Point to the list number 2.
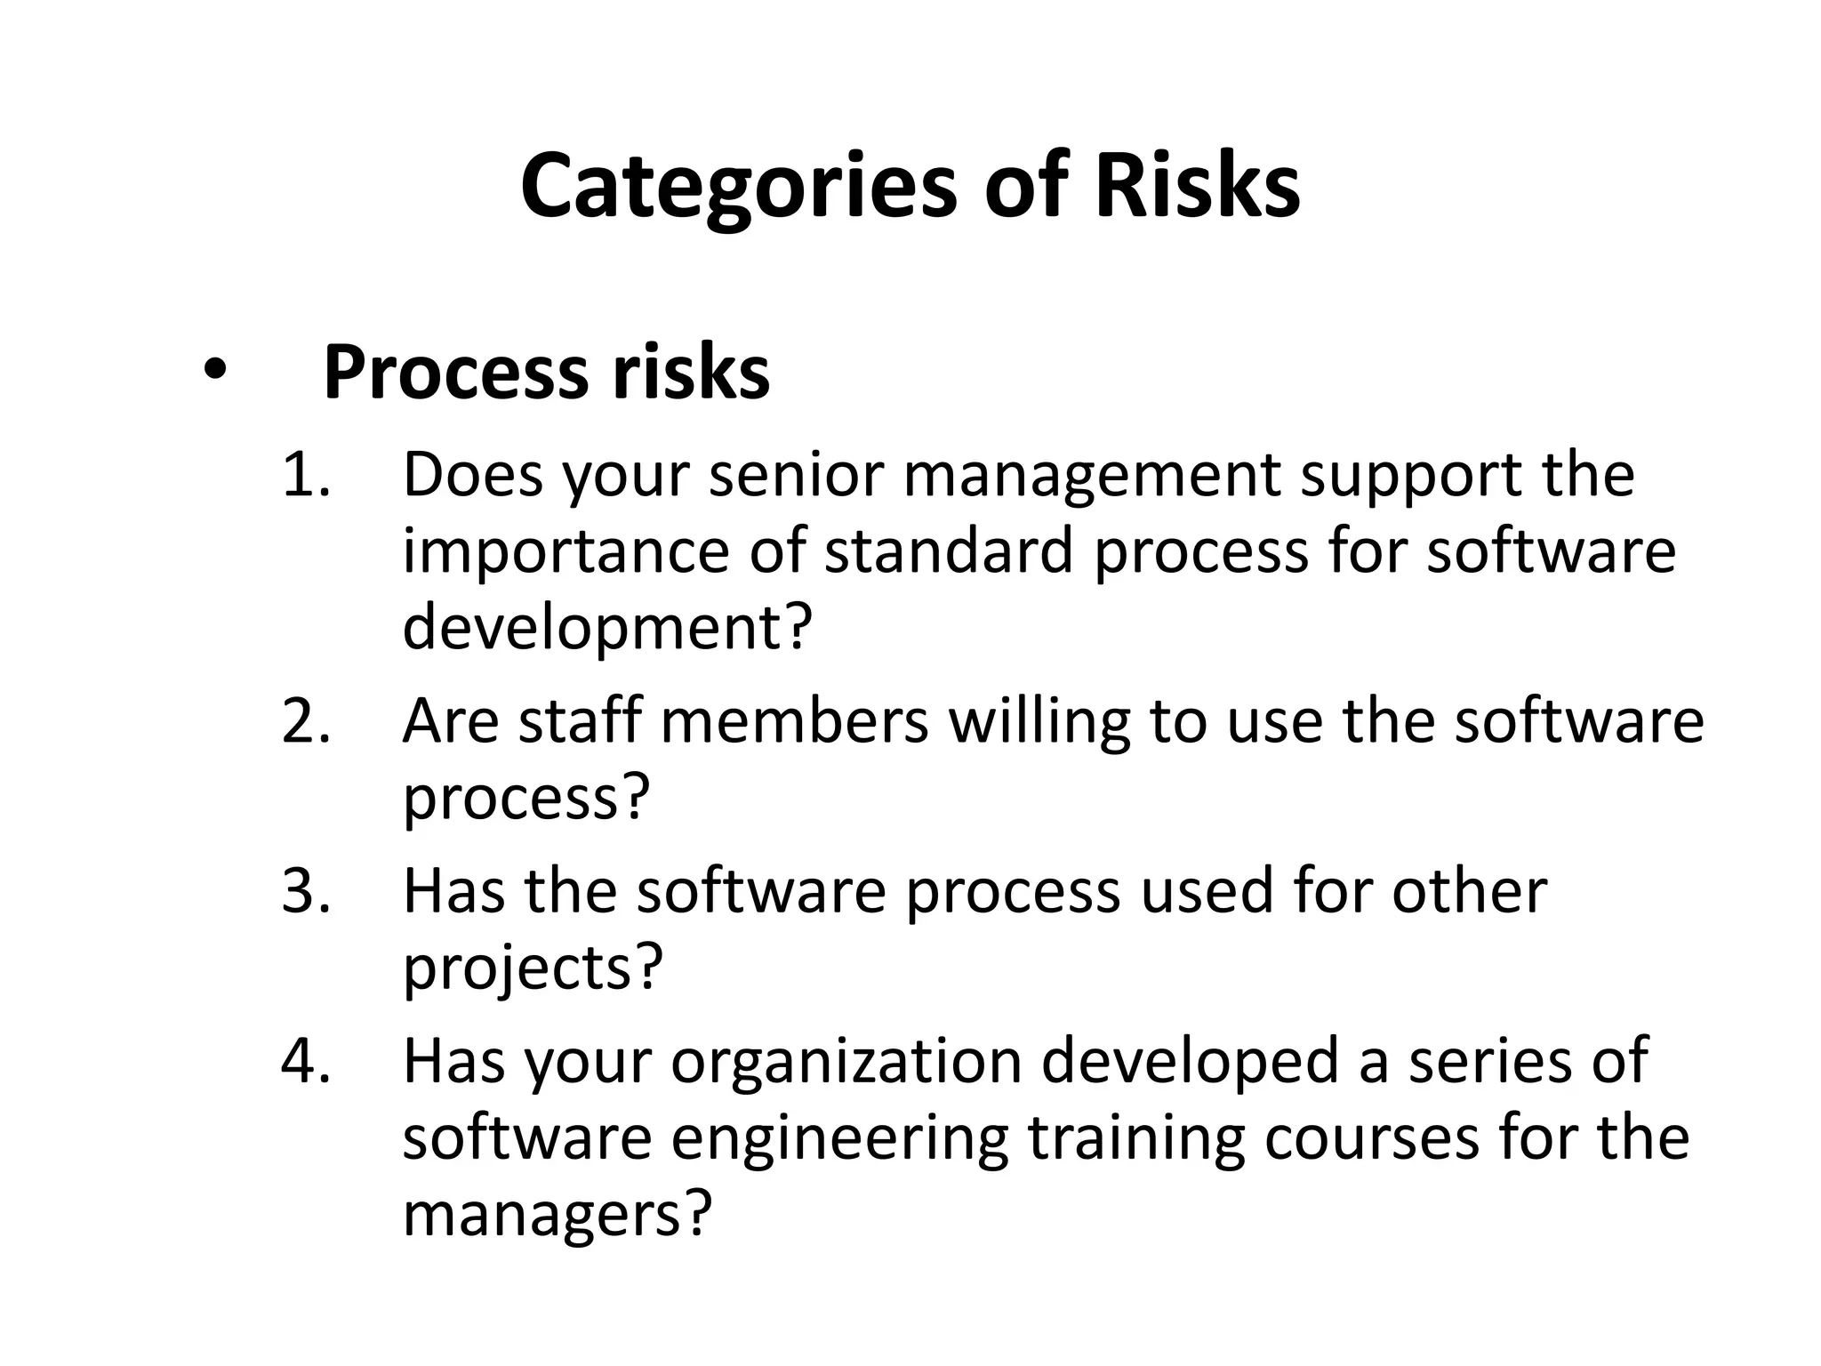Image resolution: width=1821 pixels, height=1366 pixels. (305, 721)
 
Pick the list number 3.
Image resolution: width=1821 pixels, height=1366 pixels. (305, 891)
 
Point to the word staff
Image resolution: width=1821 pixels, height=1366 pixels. (580, 721)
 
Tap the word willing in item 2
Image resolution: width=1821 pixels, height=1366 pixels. (1039, 723)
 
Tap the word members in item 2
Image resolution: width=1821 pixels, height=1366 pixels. (795, 721)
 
